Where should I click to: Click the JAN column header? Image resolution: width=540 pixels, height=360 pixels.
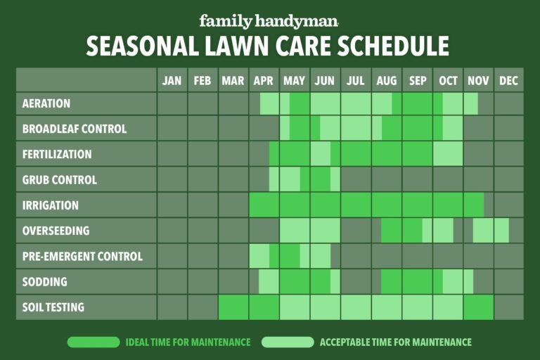172,81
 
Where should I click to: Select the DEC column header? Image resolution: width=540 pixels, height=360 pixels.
508,81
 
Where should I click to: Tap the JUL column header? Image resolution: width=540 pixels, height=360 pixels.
356,81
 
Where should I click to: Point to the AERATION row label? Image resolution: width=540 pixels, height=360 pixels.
46,103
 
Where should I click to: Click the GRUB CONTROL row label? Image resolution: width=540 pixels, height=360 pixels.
60,180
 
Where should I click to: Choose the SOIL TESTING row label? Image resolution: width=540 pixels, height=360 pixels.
53,307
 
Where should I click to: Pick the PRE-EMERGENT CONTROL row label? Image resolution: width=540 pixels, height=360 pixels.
82,257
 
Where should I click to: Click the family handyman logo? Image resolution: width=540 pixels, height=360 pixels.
269,21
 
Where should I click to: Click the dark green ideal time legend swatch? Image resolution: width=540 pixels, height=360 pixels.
94,342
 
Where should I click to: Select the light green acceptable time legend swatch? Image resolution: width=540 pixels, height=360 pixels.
287,342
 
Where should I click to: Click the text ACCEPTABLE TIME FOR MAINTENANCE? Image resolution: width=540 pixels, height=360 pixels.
395,342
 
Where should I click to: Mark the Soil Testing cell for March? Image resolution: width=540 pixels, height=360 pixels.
233,307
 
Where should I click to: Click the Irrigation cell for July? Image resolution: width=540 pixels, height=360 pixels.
356,205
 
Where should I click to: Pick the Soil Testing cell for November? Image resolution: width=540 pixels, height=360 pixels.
478,307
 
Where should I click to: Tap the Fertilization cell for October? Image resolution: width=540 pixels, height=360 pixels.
448,154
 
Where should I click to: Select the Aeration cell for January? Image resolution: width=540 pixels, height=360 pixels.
172,103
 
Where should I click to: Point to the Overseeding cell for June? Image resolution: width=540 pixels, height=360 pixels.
325,231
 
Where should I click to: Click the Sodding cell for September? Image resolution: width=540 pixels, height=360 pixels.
417,282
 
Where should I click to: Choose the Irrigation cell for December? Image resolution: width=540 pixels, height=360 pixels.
508,205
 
